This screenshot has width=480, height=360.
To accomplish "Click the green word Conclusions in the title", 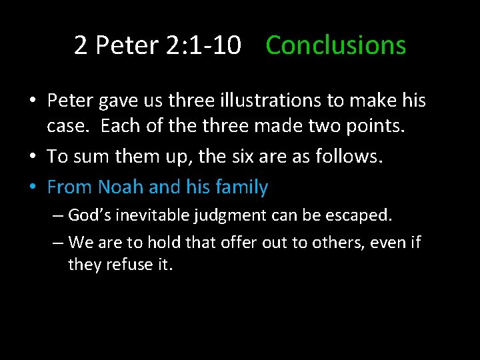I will (x=335, y=45).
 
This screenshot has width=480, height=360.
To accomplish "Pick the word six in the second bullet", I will (x=237, y=157).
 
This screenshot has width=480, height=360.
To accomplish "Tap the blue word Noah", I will (x=121, y=187).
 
